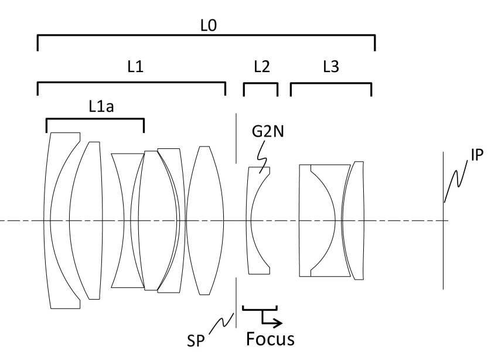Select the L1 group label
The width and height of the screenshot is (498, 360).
click(135, 67)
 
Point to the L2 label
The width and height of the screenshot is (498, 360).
click(261, 67)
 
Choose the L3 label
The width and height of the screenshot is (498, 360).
click(330, 67)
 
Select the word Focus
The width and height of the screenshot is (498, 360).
click(270, 339)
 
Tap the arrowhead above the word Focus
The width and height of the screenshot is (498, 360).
click(279, 322)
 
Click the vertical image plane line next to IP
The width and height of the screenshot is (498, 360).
click(444, 246)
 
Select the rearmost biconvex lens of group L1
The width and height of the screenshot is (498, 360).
click(205, 220)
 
